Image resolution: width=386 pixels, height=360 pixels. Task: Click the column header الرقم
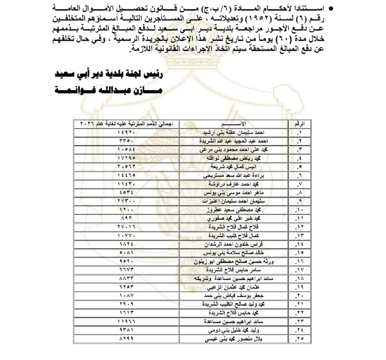[299, 123]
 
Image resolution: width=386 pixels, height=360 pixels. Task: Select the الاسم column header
[232, 123]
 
